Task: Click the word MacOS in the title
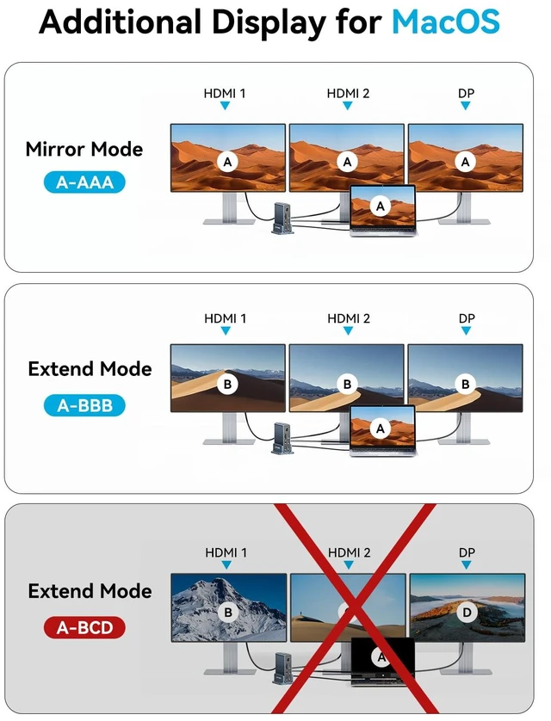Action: pyautogui.click(x=445, y=22)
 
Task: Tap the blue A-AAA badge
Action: pyautogui.click(x=84, y=182)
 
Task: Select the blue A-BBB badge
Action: pyautogui.click(x=84, y=405)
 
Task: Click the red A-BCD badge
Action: pyautogui.click(x=84, y=628)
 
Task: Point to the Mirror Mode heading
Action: pyautogui.click(x=84, y=149)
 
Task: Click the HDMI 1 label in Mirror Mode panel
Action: pyautogui.click(x=225, y=93)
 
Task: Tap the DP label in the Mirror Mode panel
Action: pyautogui.click(x=466, y=93)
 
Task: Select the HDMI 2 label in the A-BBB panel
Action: pyautogui.click(x=348, y=318)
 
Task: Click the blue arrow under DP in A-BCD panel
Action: pyautogui.click(x=467, y=565)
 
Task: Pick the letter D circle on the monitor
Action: pyautogui.click(x=467, y=612)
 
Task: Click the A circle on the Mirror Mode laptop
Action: pyautogui.click(x=381, y=206)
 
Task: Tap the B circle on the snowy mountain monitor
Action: pyautogui.click(x=227, y=612)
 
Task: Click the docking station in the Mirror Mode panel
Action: pyautogui.click(x=282, y=219)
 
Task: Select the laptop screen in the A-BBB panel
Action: pyautogui.click(x=382, y=428)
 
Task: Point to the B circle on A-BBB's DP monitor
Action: pyautogui.click(x=466, y=384)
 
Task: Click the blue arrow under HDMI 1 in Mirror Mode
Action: pyautogui.click(x=225, y=106)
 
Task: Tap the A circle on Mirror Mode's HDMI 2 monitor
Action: pyautogui.click(x=347, y=162)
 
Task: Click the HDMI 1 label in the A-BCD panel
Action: pyautogui.click(x=226, y=552)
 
